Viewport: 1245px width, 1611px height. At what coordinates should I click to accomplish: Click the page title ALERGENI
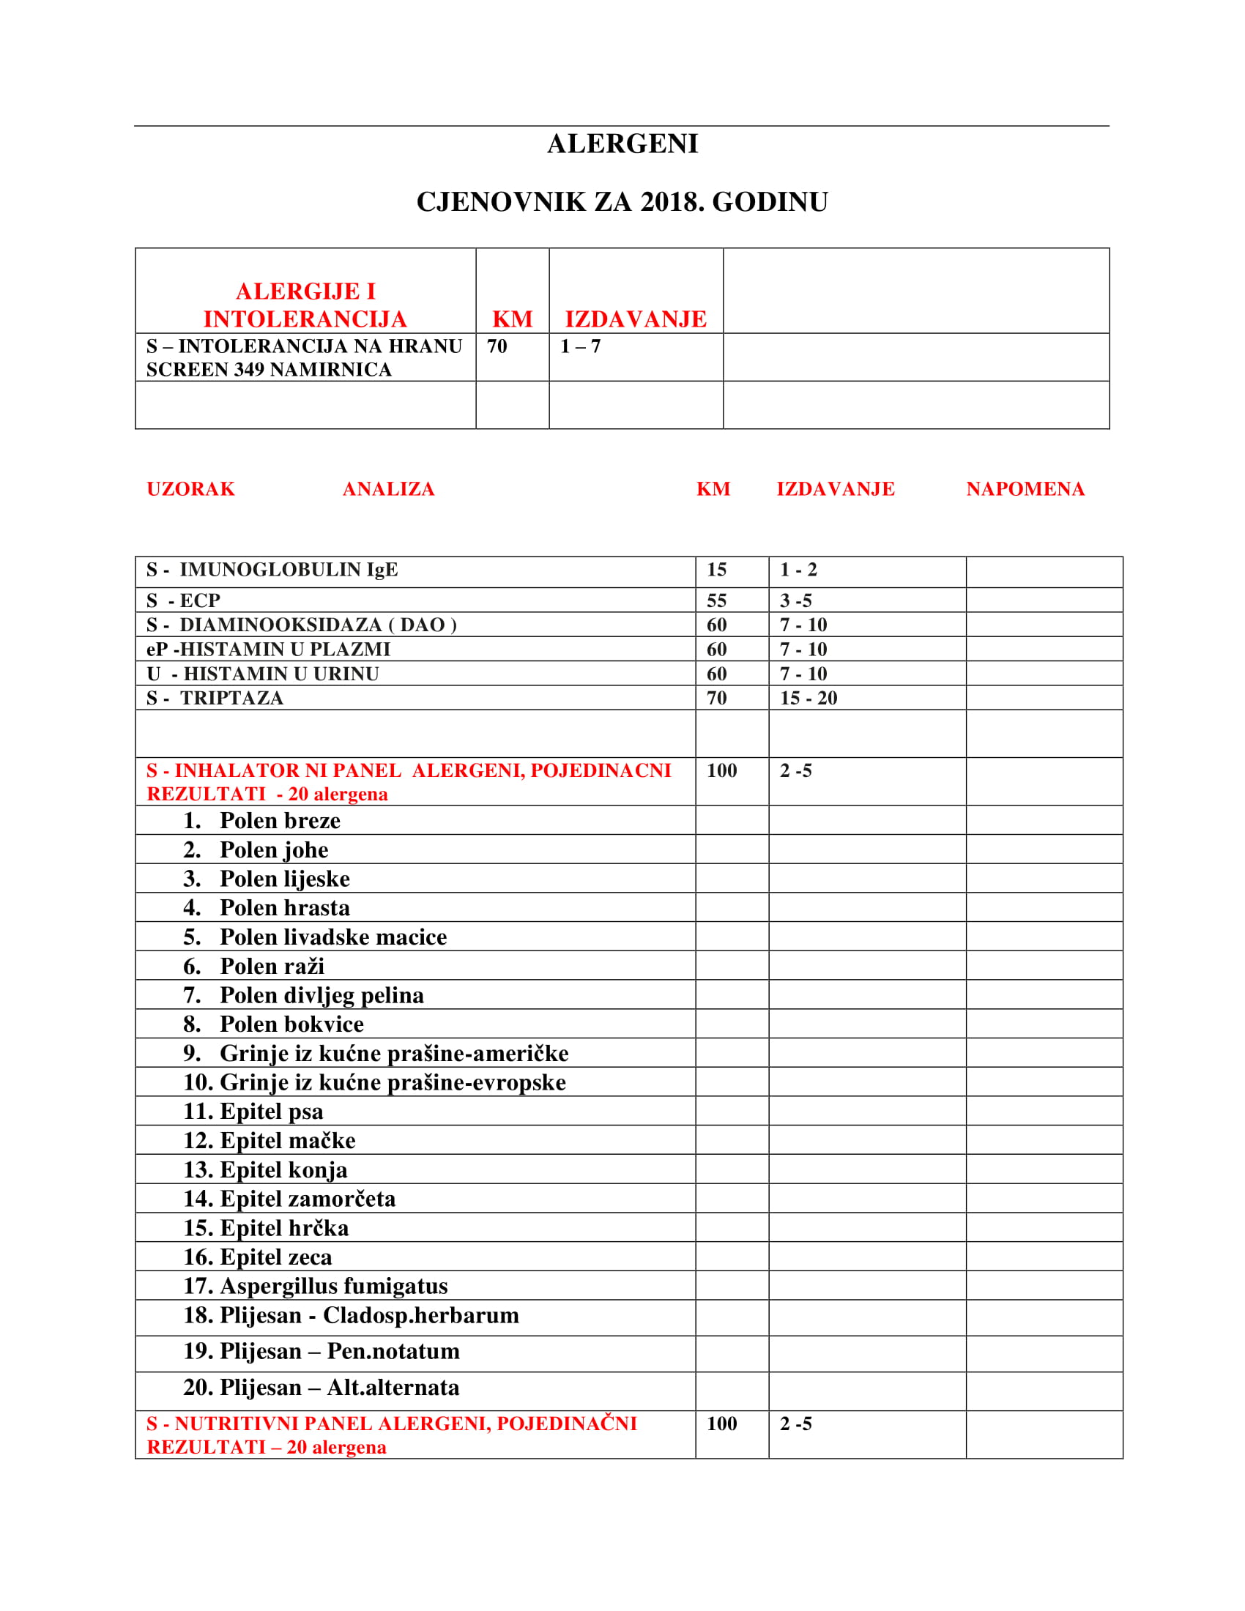click(622, 144)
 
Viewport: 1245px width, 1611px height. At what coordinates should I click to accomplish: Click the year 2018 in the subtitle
click(669, 202)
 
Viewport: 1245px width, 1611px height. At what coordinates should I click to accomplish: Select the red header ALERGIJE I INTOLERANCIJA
click(305, 305)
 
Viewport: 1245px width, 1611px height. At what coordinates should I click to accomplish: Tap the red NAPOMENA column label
click(1025, 489)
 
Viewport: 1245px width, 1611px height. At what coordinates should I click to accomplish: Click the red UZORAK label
click(190, 489)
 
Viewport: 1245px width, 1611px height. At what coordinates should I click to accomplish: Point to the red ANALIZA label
click(388, 489)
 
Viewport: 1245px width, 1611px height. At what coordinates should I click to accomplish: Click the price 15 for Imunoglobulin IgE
click(716, 570)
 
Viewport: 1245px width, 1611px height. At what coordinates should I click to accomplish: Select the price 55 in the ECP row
click(716, 600)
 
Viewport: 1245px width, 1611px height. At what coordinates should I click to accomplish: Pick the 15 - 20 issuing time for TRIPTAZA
click(809, 698)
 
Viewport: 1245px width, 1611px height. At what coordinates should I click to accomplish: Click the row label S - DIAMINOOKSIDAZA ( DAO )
click(301, 625)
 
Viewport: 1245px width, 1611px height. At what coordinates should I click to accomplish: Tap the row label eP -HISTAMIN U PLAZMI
click(268, 649)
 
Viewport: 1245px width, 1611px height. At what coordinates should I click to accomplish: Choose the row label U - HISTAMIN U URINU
click(263, 674)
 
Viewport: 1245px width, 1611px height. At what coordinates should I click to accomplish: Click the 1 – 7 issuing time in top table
click(581, 346)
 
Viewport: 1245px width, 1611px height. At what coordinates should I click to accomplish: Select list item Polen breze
click(280, 820)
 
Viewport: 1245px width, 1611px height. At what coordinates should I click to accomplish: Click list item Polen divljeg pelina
click(322, 995)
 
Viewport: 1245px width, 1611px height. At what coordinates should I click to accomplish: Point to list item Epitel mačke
click(288, 1140)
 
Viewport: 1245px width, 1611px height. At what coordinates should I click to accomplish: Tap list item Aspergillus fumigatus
click(333, 1286)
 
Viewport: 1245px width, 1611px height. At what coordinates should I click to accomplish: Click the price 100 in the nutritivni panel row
click(721, 1424)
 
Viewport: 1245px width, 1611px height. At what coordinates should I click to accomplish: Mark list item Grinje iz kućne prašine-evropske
click(393, 1082)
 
